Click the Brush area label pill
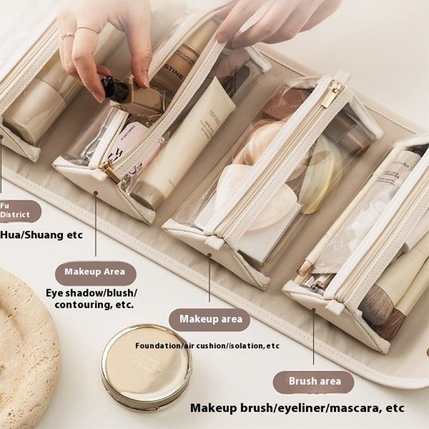click(315, 382)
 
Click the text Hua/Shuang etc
click(41, 234)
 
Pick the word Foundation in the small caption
click(158, 346)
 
